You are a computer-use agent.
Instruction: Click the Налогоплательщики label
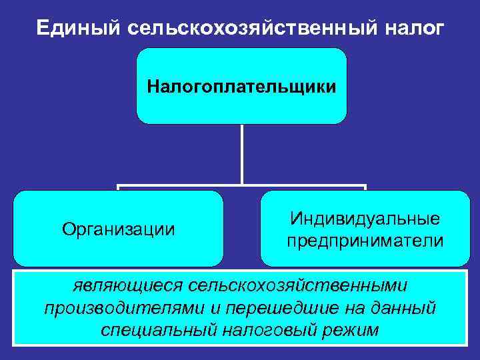[241, 87]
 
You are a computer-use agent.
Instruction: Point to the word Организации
[119, 229]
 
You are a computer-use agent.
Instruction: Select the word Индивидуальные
[365, 219]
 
